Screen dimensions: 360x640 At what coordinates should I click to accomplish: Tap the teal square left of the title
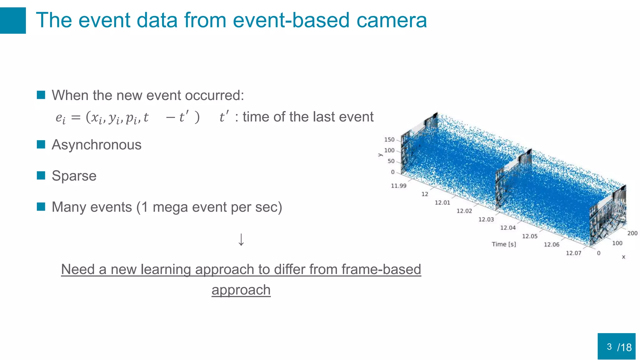(13, 21)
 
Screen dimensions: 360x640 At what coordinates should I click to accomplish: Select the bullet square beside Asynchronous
(41, 144)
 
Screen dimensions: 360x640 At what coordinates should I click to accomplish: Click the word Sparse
(74, 176)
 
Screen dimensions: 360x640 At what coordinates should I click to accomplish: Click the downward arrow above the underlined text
(241, 240)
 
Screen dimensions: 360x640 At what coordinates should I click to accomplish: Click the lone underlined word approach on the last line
(241, 290)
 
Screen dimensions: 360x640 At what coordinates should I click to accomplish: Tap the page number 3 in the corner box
(609, 347)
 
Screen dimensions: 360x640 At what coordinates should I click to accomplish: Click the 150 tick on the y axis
(389, 140)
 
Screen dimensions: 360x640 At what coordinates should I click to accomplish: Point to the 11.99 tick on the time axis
(398, 186)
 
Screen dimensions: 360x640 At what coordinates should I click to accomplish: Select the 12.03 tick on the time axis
(486, 220)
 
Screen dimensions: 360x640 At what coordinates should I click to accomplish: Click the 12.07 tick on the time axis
(573, 253)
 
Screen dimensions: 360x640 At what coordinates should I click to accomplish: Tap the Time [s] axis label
(504, 244)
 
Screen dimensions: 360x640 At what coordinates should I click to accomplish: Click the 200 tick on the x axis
(632, 233)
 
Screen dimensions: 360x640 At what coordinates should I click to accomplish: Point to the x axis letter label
(623, 257)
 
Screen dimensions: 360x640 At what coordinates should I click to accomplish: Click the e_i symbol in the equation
(61, 118)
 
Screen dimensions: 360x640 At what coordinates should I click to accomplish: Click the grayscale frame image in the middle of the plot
(512, 181)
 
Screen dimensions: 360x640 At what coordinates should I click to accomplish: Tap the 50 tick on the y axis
(391, 161)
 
